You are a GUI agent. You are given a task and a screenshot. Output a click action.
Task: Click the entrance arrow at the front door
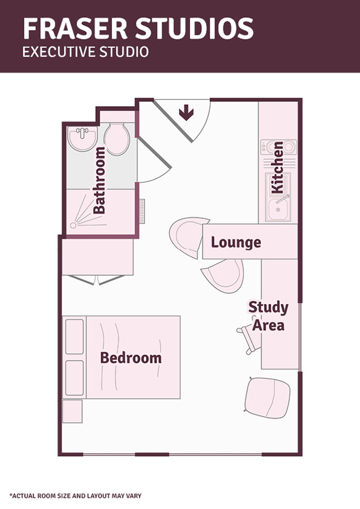(186, 113)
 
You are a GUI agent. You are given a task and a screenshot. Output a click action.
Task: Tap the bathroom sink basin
(83, 138)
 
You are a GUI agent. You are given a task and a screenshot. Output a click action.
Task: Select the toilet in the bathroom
(117, 140)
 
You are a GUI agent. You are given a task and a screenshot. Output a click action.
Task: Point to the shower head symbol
(73, 225)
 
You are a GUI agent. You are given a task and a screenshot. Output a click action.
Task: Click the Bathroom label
(99, 180)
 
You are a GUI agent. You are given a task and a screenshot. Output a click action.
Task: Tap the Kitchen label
(278, 167)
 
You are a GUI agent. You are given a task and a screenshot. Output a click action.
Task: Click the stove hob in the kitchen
(279, 147)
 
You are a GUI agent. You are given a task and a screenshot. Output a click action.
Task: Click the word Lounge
(236, 242)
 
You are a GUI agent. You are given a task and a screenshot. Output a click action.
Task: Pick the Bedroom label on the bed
(131, 357)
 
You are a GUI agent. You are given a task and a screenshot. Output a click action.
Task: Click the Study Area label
(268, 316)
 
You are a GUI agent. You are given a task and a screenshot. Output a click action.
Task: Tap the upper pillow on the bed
(75, 337)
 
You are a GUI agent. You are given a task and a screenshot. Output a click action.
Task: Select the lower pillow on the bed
(75, 378)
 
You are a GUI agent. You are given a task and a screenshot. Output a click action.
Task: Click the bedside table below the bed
(72, 411)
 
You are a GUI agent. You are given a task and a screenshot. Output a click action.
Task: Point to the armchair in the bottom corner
(267, 398)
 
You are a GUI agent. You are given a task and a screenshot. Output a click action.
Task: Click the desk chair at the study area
(250, 338)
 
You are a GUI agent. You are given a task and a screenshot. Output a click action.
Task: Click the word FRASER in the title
(75, 29)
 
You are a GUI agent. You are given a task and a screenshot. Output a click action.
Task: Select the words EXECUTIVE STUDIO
(86, 52)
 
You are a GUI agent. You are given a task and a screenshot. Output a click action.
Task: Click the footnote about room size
(75, 496)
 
